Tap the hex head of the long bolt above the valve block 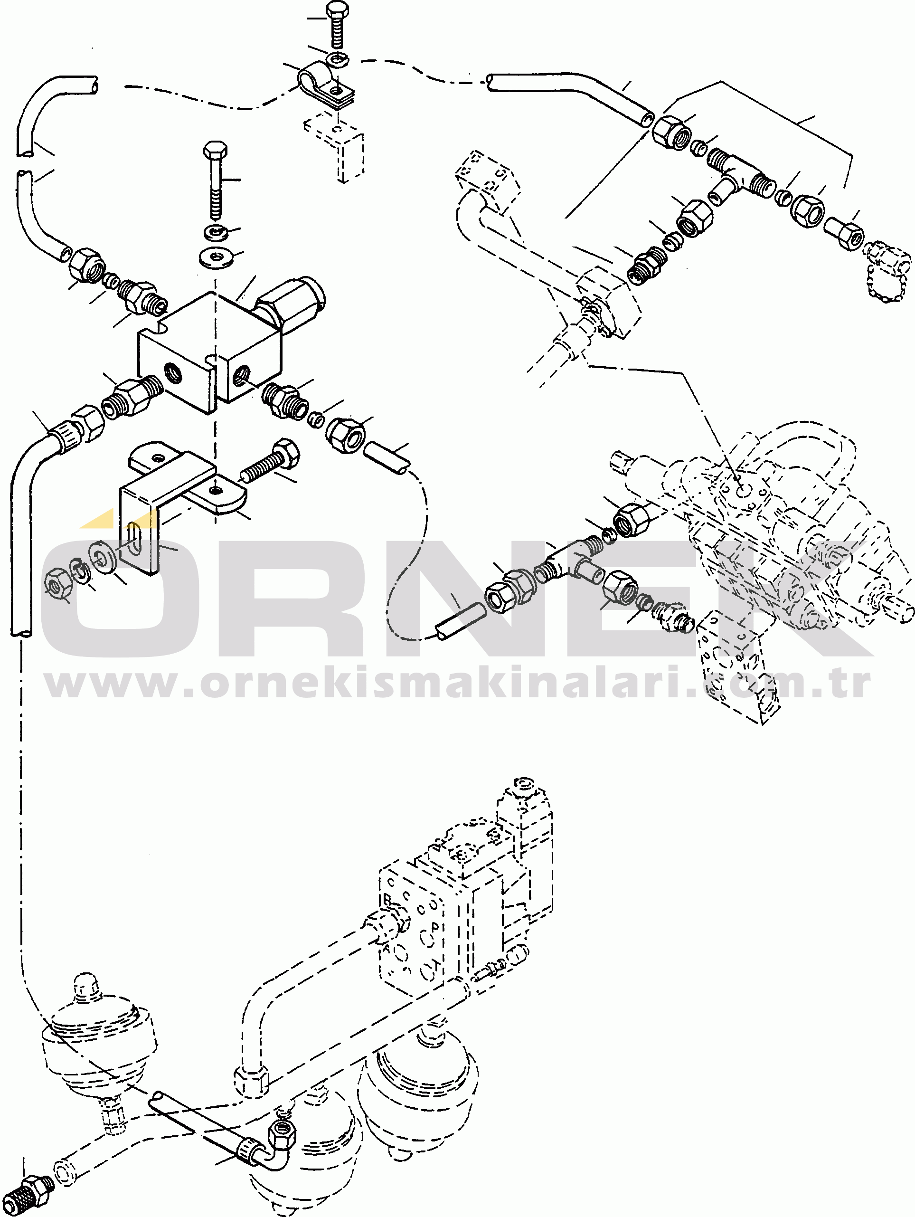tap(216, 150)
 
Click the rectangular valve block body tap(209, 352)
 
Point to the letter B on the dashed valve tap(387, 901)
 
